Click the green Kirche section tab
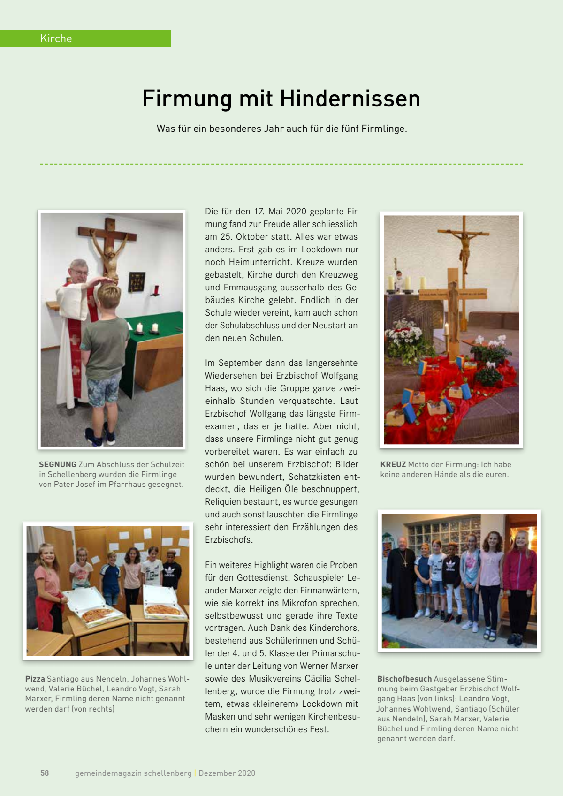pos(85,38)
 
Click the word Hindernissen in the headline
pos(350,99)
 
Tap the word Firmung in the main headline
pos(187,99)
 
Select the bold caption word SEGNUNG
pos(58,464)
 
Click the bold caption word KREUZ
pos(393,464)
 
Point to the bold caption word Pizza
pos(35,679)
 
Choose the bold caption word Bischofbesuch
pos(404,679)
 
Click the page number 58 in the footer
pos(45,773)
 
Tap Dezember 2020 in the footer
pos(227,773)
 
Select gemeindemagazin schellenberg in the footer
pos(133,773)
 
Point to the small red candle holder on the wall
pos(156,290)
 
